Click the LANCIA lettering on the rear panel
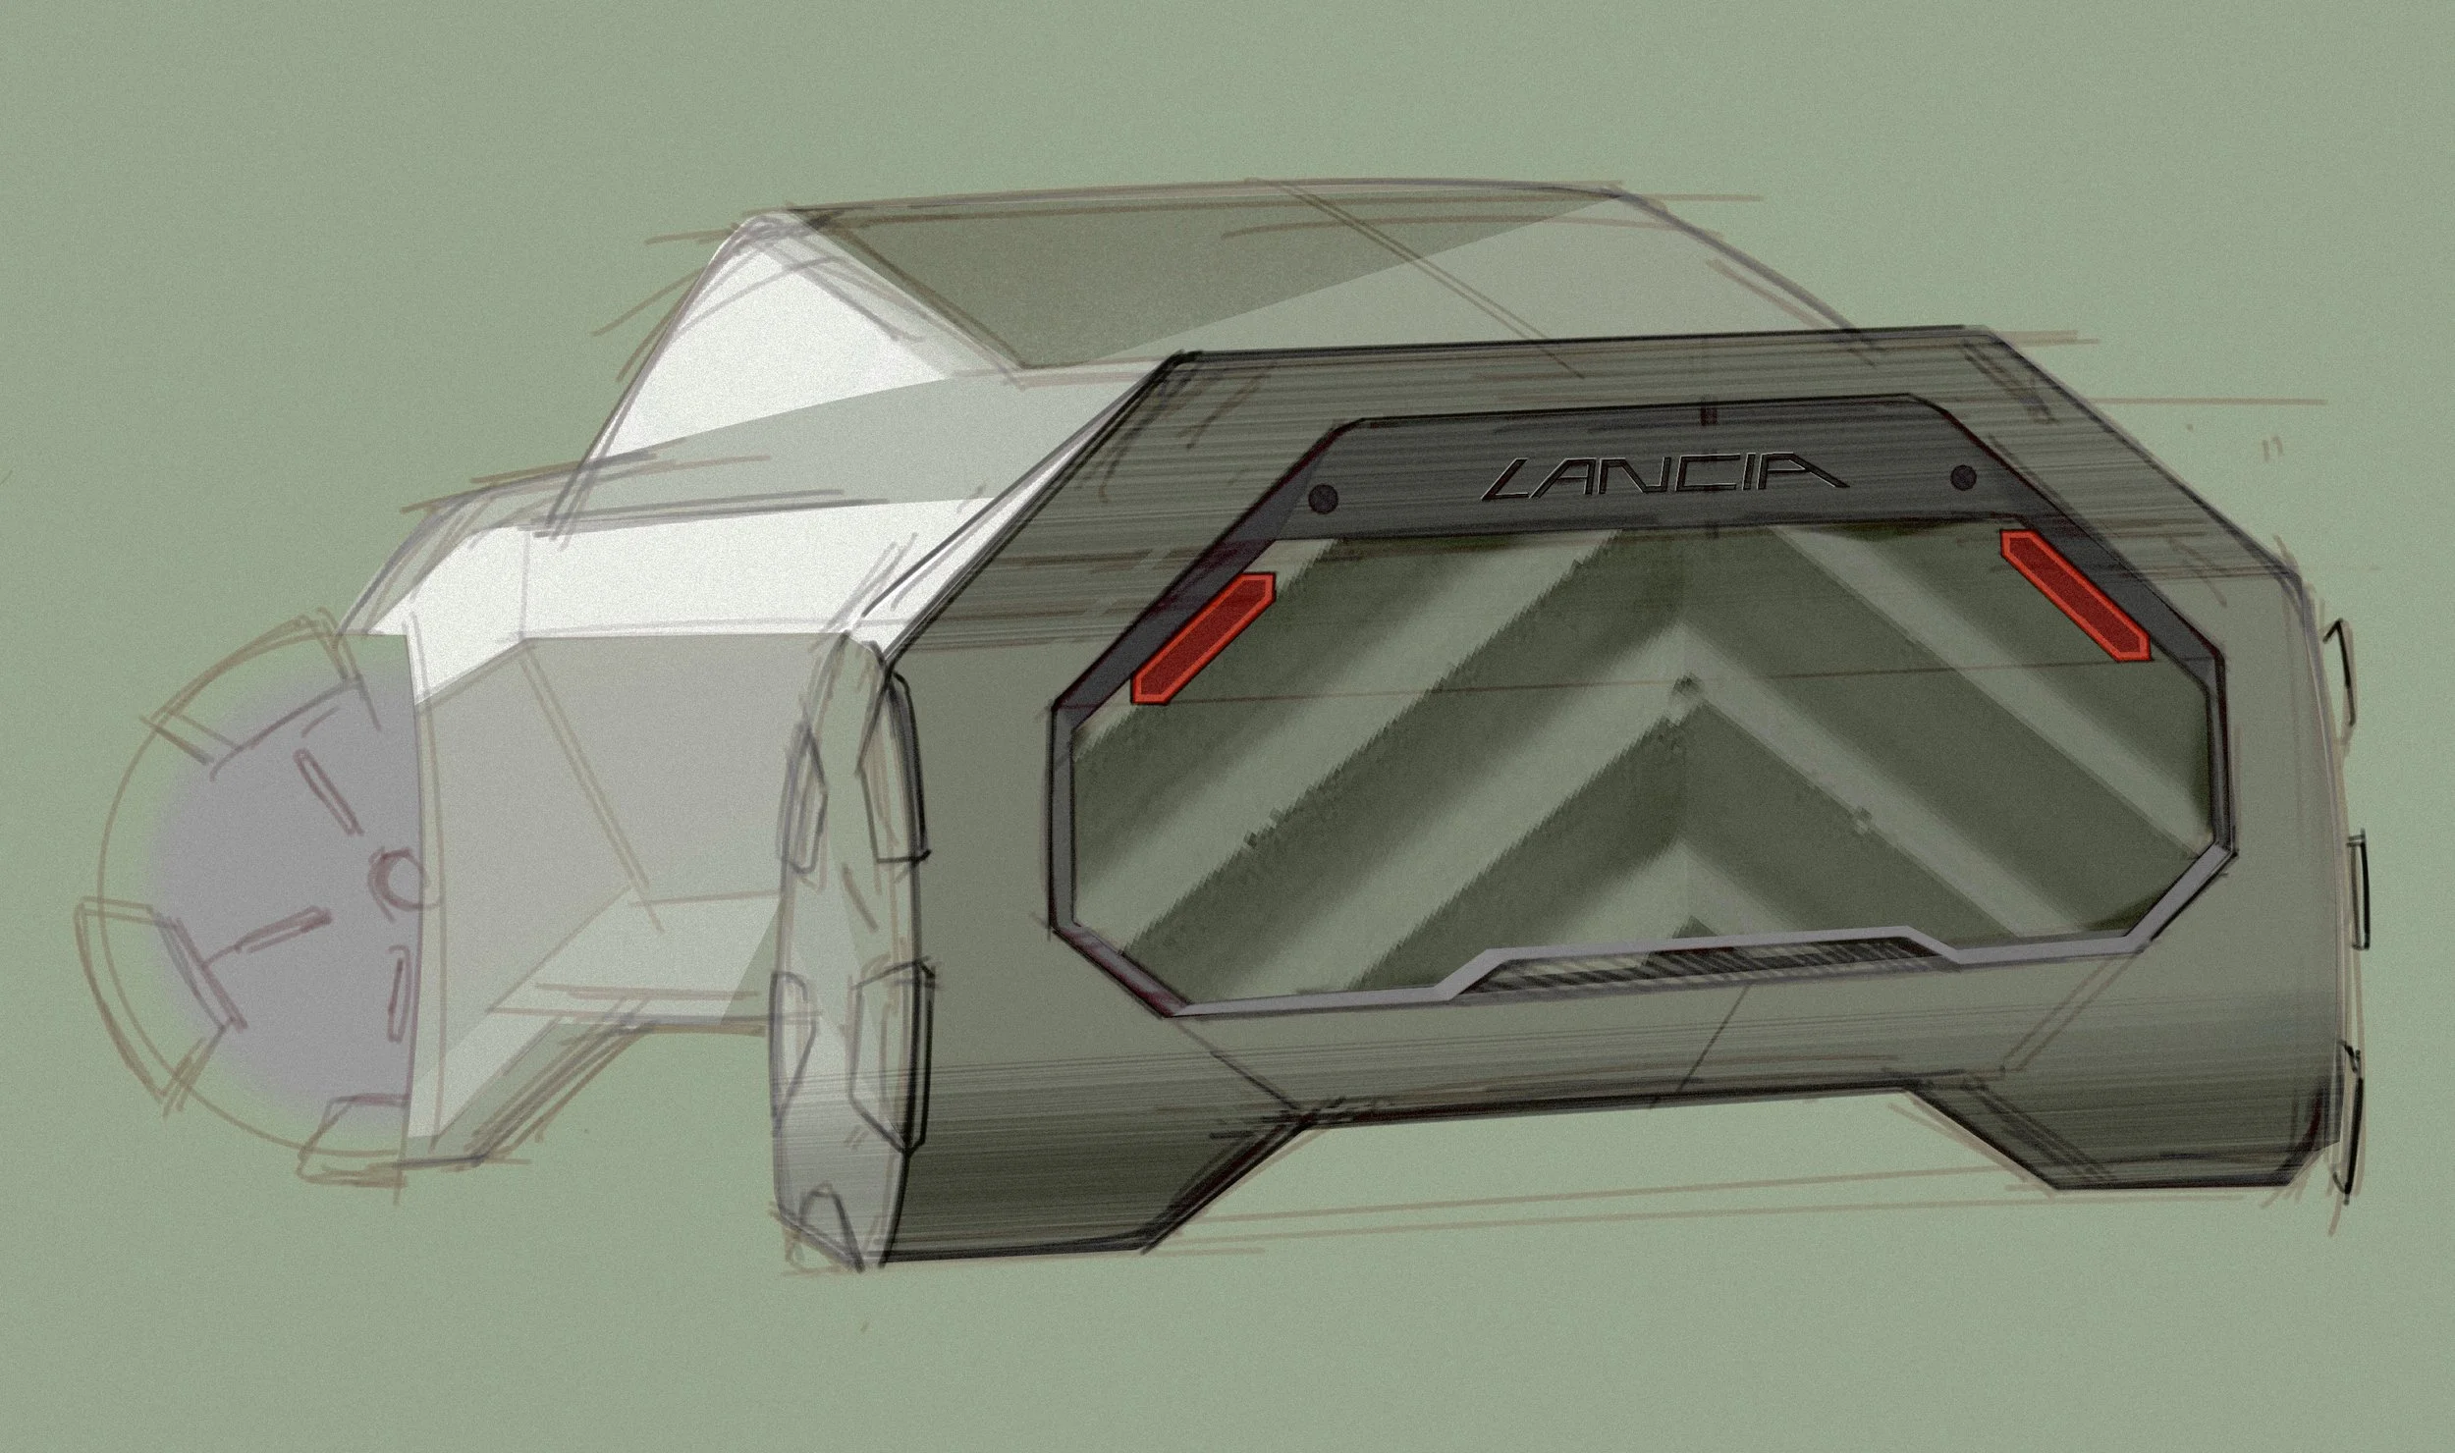click(x=1666, y=477)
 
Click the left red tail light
click(x=1203, y=638)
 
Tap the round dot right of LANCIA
click(x=1964, y=477)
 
